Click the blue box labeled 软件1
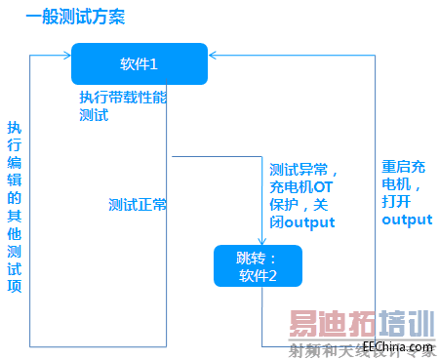click(x=140, y=64)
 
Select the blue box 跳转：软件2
click(x=258, y=265)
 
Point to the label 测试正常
click(x=138, y=205)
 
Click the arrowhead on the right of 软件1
click(x=215, y=57)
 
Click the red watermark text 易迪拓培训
click(x=358, y=323)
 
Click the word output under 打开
click(x=407, y=220)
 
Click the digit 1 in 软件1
click(x=154, y=64)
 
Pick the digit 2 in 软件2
click(x=273, y=275)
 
